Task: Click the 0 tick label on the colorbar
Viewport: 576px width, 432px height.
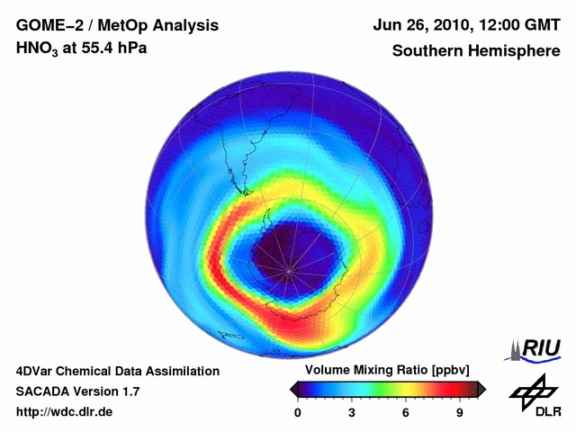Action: click(298, 413)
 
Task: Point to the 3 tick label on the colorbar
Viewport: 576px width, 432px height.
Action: click(352, 413)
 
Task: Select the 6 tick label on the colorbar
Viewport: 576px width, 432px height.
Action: click(406, 413)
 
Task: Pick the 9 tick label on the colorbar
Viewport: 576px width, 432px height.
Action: click(460, 413)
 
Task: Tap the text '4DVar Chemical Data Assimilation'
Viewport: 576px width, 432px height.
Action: click(117, 371)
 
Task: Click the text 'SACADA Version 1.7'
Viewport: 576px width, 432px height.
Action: click(77, 391)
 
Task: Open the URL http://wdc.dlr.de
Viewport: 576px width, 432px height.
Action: click(65, 412)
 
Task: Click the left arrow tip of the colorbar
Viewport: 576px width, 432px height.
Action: click(292, 389)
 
